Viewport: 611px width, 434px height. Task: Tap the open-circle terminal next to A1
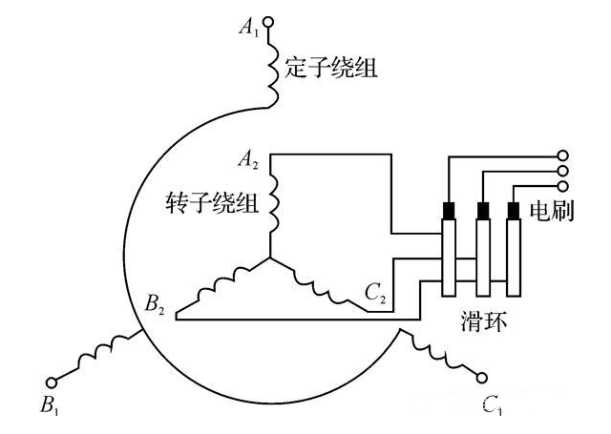(268, 21)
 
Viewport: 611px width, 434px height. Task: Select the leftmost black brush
(447, 210)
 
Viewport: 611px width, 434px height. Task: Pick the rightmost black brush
(514, 210)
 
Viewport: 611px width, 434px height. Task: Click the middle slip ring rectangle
(481, 258)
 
